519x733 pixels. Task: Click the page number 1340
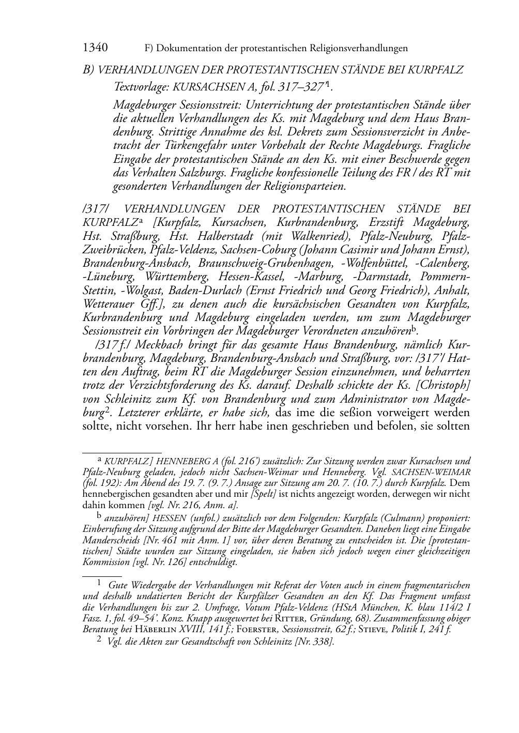pyautogui.click(x=95, y=48)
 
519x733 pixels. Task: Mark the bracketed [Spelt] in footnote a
pyautogui.click(x=265, y=494)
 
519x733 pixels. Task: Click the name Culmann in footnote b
pyautogui.click(x=399, y=518)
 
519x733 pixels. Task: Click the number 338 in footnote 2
pyautogui.click(x=320, y=642)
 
